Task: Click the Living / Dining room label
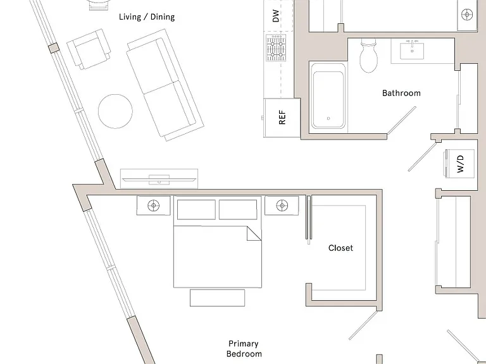coord(147,16)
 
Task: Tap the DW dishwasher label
coord(275,16)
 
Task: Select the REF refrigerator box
coord(282,118)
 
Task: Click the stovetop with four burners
coord(276,48)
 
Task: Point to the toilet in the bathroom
coord(368,56)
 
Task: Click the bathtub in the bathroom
coord(328,96)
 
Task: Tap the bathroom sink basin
coord(412,51)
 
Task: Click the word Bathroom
coord(401,93)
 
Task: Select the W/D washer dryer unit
coord(460,164)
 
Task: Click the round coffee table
coord(115,111)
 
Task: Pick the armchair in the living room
coord(89,49)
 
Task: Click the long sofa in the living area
coord(165,85)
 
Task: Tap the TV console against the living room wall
coord(159,179)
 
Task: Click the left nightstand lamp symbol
coord(153,205)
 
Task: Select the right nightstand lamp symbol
coord(282,205)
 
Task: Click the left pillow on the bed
coord(197,210)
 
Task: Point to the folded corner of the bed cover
coord(254,233)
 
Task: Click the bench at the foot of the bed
coord(217,298)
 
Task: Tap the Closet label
coord(340,248)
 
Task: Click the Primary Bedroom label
coord(244,349)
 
